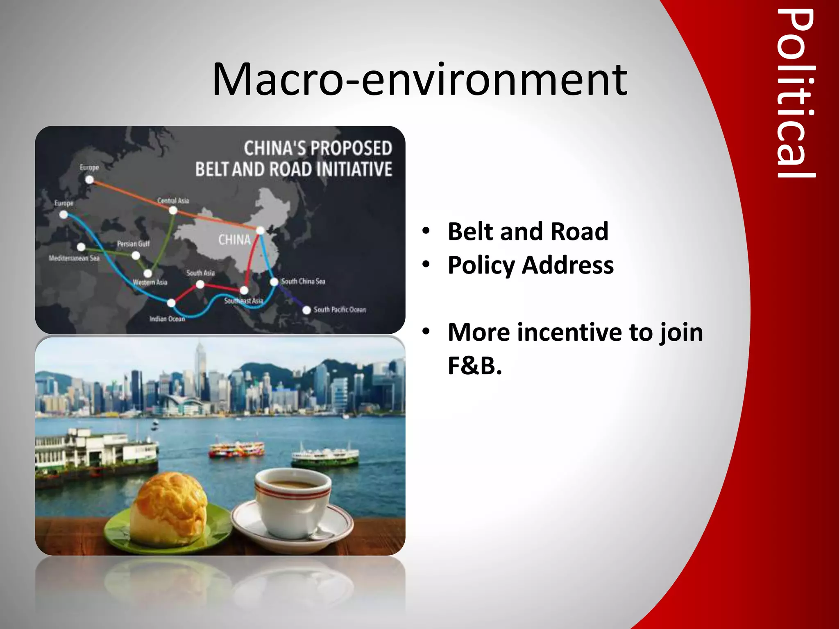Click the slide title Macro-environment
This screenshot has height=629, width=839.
419,80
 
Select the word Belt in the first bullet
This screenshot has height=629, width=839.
471,231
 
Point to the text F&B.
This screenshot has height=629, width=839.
474,366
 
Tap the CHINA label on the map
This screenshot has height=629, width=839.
234,240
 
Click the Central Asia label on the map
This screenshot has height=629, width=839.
173,200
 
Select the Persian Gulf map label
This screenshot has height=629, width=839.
133,244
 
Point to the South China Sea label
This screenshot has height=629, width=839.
303,281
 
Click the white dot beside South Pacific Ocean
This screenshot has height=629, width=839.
306,310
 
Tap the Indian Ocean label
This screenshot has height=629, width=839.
167,319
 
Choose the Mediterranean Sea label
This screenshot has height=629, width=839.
74,258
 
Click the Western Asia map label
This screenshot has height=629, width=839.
150,282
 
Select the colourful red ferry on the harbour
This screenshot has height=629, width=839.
237,449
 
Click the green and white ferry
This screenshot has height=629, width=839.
325,457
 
